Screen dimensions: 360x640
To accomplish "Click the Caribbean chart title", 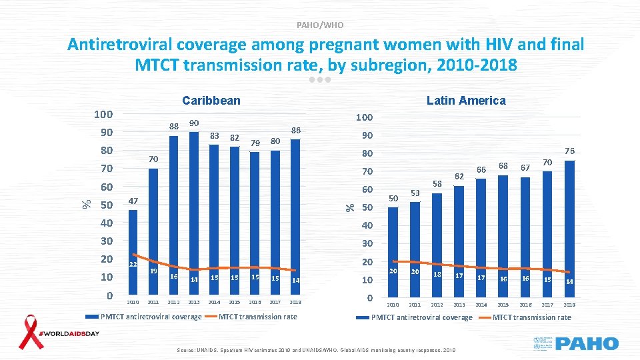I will [x=211, y=101].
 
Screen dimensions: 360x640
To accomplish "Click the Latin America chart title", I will [x=466, y=101].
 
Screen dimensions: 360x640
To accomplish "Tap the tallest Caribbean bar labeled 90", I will [x=194, y=213].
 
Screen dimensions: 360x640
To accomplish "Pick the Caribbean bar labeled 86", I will [x=295, y=217].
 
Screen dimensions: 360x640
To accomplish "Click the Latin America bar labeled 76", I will [x=568, y=229].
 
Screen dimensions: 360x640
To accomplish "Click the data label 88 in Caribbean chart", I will [x=174, y=127].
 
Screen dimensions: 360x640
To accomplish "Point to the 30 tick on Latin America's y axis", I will [x=367, y=244].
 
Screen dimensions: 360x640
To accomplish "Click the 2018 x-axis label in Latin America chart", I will [x=568, y=305].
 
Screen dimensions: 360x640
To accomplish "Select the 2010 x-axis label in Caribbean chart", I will [x=133, y=302].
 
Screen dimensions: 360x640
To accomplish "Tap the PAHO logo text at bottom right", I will [x=587, y=344].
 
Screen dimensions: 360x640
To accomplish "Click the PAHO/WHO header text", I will [x=320, y=25].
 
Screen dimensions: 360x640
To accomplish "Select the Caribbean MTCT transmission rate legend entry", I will [x=257, y=317].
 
